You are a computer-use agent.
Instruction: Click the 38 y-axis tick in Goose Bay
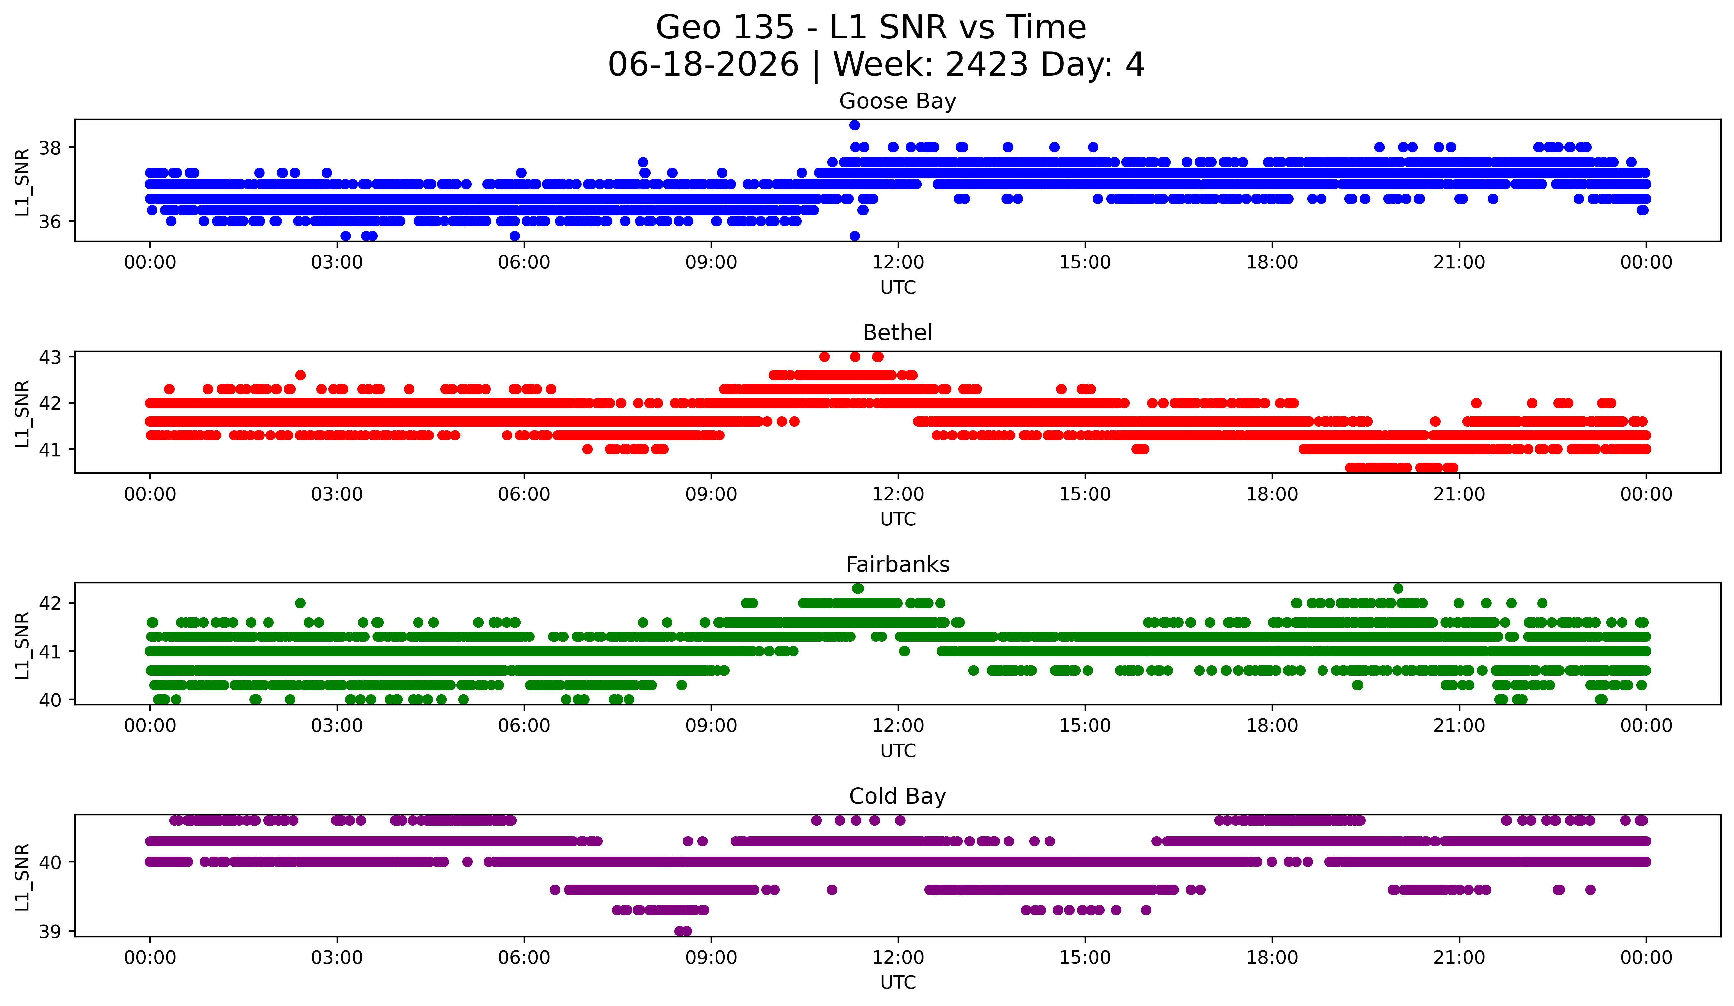(50, 148)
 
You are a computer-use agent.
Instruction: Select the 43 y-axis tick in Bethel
(50, 357)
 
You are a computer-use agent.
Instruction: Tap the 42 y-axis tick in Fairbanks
(50, 603)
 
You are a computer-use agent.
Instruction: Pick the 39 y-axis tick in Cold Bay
(50, 932)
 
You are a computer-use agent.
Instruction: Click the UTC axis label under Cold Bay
(898, 983)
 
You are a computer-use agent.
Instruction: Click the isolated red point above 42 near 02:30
(300, 375)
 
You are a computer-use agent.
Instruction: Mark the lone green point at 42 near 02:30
(300, 603)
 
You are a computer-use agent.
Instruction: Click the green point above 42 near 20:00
(1397, 589)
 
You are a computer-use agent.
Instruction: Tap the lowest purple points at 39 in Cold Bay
(683, 931)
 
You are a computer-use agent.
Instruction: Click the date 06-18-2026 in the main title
(703, 65)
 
